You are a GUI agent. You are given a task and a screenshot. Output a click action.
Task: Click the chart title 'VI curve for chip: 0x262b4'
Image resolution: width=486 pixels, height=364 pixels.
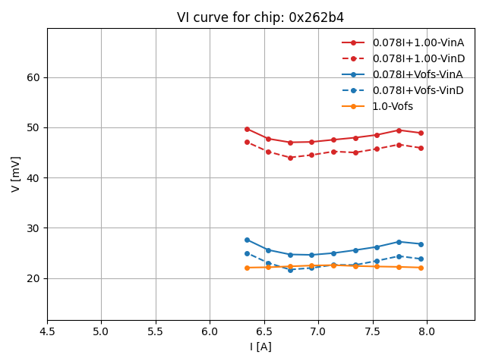(x=260, y=17)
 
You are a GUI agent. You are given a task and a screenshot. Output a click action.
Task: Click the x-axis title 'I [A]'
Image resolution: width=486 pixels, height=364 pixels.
(x=260, y=347)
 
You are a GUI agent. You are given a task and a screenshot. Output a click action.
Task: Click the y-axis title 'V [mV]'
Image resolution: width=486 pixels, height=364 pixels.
(x=16, y=174)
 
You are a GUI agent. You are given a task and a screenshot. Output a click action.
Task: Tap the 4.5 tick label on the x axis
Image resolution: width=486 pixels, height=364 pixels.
(x=47, y=331)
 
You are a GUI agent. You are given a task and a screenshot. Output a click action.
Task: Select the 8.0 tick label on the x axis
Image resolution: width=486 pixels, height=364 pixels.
(x=427, y=331)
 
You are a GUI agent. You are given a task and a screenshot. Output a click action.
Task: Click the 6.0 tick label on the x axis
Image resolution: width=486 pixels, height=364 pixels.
(x=210, y=331)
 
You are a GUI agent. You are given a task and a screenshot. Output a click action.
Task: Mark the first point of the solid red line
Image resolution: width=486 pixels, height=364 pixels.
(x=247, y=129)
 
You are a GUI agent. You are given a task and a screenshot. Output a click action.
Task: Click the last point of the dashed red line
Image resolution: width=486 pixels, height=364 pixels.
(x=421, y=148)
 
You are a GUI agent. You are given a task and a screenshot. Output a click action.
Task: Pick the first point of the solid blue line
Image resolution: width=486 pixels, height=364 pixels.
(x=247, y=240)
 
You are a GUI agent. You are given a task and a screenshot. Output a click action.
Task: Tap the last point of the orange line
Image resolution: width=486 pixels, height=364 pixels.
(x=421, y=268)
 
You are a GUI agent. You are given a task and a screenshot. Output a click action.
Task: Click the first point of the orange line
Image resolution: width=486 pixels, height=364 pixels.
(x=247, y=268)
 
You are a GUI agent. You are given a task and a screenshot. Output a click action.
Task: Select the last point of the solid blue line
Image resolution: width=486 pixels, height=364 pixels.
(x=421, y=244)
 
